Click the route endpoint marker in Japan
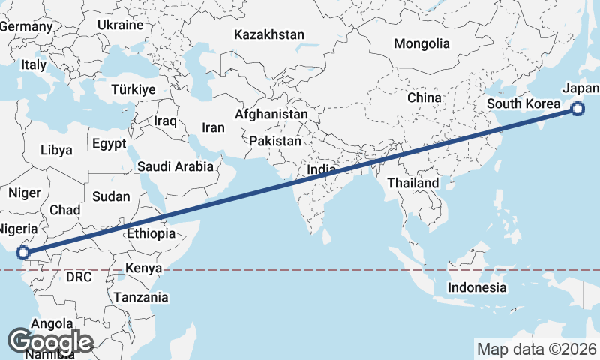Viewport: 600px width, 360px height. [577, 109]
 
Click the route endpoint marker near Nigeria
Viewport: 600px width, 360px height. [23, 253]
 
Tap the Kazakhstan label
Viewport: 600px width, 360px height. [269, 34]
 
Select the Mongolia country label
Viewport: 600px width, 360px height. [421, 43]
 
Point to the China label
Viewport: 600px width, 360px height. [424, 97]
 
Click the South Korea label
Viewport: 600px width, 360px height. [523, 103]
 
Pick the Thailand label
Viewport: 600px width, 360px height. [413, 183]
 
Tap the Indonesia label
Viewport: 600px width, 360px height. [477, 287]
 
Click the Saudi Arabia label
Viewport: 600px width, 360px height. [175, 167]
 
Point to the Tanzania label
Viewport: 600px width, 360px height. [141, 297]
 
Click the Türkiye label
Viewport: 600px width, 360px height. [133, 89]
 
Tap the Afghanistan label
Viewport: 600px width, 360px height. [271, 114]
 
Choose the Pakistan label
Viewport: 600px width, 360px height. [275, 141]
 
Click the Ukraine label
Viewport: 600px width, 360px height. [120, 25]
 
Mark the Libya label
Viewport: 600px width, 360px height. [56, 150]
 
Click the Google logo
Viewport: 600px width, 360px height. [50, 342]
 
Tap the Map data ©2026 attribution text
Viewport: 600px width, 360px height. [536, 349]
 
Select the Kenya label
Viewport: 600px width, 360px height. [144, 268]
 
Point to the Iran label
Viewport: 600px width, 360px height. [213, 127]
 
